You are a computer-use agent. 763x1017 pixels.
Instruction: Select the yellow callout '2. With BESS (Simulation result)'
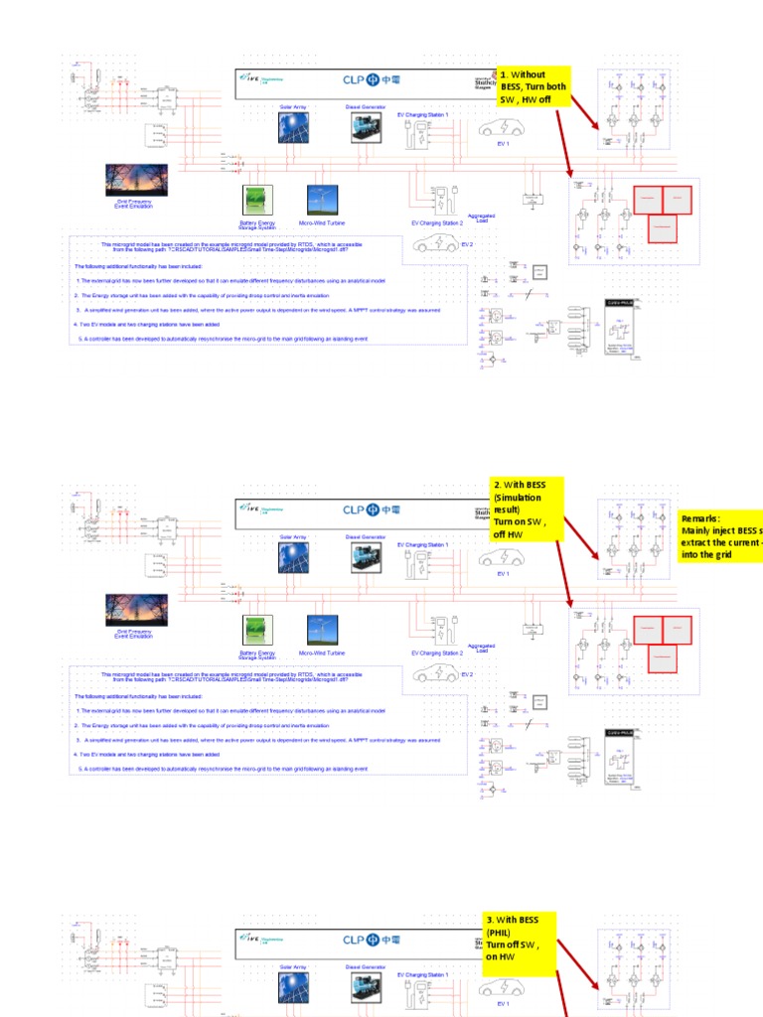[x=527, y=508]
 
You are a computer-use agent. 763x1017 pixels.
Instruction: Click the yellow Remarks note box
[x=720, y=536]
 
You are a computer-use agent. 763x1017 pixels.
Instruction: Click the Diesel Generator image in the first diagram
[x=366, y=127]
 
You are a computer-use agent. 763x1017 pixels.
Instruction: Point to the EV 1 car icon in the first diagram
[x=502, y=129]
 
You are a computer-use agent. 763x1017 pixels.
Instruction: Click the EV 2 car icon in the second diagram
[x=436, y=674]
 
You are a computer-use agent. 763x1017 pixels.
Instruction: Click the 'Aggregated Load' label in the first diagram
[x=481, y=218]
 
